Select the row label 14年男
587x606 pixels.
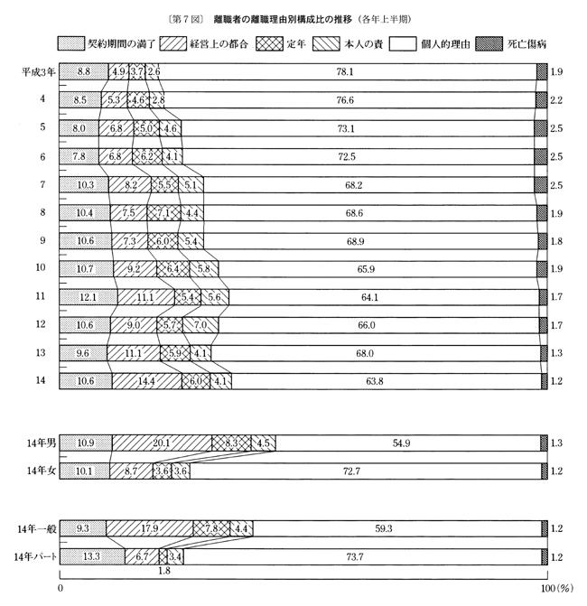click(x=41, y=443)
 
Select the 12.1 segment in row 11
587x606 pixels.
click(x=87, y=296)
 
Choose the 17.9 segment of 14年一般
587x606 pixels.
click(x=150, y=528)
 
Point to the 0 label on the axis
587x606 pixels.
click(x=61, y=589)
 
